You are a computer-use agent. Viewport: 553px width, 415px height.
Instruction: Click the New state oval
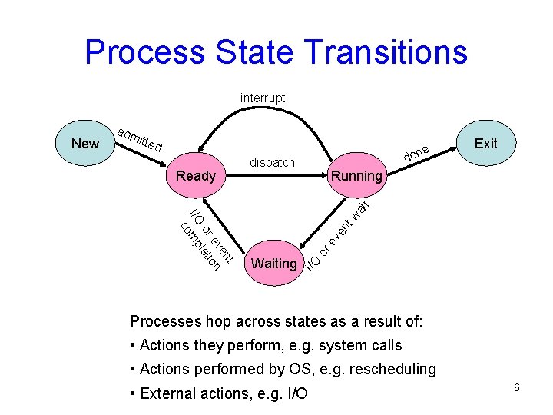[x=84, y=144]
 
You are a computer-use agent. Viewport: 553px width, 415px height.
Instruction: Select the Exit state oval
[x=485, y=144]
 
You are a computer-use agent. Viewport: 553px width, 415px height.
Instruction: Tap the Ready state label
[x=196, y=176]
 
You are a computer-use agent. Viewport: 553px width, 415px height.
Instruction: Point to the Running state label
[x=356, y=176]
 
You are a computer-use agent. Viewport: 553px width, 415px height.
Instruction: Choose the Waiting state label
[x=274, y=264]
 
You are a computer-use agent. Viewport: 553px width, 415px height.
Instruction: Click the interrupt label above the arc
[x=262, y=98]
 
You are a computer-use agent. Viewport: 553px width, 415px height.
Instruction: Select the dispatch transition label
[x=272, y=162]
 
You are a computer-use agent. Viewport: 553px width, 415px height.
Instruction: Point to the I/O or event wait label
[x=339, y=235]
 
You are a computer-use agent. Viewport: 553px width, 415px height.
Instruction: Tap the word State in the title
[x=254, y=52]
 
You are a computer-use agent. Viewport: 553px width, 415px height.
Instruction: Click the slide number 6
[x=517, y=387]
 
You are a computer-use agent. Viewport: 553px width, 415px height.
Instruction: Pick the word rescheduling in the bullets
[x=393, y=369]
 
